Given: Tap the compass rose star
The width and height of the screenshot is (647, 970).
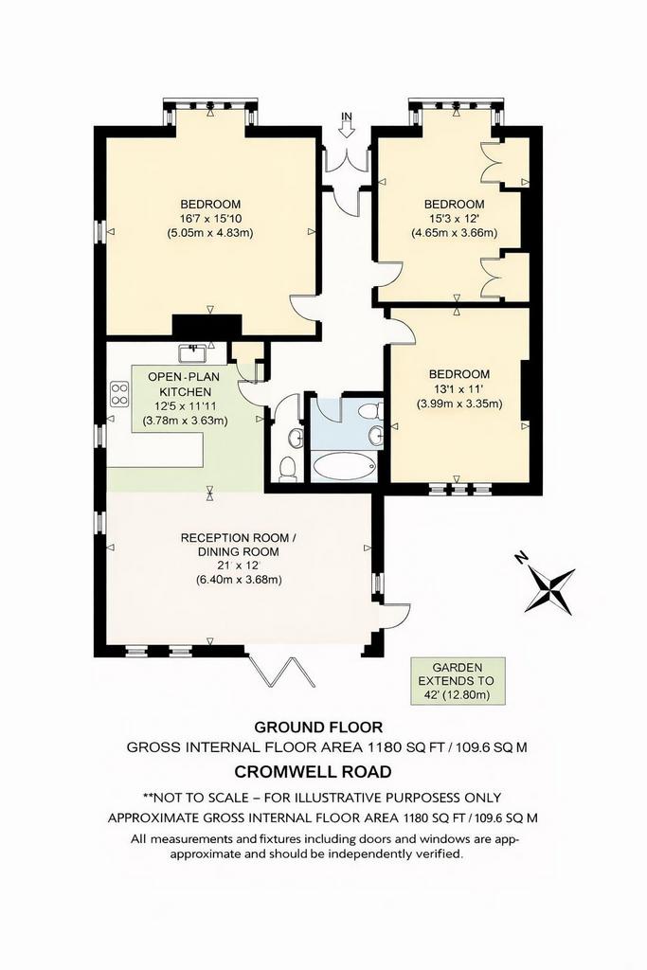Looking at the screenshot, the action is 549,589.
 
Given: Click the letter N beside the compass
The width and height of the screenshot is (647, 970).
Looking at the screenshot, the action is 520,559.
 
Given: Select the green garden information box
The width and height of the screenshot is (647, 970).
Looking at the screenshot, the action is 458,681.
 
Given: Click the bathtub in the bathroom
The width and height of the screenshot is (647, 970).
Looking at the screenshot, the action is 344,468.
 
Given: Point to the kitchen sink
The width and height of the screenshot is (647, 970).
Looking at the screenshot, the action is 193,353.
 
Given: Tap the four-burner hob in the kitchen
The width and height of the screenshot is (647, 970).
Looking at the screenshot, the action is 119,395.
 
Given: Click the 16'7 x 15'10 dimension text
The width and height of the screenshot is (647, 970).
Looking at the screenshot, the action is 210,219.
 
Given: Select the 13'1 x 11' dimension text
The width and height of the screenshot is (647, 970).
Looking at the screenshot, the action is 458,389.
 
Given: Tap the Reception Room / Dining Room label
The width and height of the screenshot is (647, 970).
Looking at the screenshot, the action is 238,545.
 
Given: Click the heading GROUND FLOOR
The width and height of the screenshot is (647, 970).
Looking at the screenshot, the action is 318,727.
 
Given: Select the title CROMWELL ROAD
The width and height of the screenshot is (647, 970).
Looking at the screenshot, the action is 313,772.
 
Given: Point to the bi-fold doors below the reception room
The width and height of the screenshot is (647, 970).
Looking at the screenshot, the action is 280,671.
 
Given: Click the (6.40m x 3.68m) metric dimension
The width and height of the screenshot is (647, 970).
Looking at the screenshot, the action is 238,581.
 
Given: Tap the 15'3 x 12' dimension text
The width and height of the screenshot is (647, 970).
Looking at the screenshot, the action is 455,219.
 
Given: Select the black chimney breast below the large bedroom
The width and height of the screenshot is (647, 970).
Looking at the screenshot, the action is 206,327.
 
